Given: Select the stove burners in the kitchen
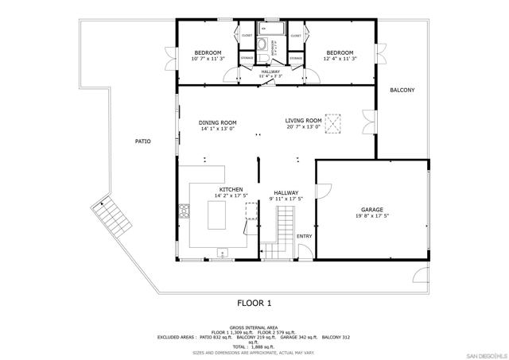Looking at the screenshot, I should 185,211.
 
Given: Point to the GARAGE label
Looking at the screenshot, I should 372,210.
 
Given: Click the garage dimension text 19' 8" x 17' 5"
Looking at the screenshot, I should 372,216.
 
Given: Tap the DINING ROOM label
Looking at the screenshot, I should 218,122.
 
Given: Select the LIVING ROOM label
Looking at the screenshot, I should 303,121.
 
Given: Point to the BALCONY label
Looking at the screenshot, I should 402,91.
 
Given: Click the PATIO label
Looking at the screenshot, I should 142,141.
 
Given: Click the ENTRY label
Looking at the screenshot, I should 305,236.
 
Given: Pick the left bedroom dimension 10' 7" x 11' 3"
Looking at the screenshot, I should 208,58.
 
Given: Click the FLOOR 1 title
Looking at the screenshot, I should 254,303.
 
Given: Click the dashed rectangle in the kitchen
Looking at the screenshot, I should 251,211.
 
